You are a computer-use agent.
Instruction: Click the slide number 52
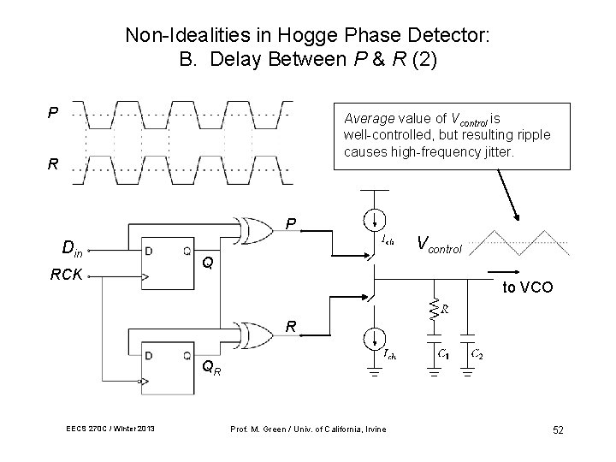(557, 429)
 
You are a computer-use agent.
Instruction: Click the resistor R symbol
(435, 309)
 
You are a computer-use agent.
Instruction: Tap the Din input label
(73, 249)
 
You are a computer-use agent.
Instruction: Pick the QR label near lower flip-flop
(210, 370)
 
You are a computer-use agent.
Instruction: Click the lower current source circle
(372, 340)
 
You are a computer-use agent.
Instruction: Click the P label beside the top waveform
(53, 112)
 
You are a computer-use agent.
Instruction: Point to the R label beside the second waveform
(53, 165)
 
